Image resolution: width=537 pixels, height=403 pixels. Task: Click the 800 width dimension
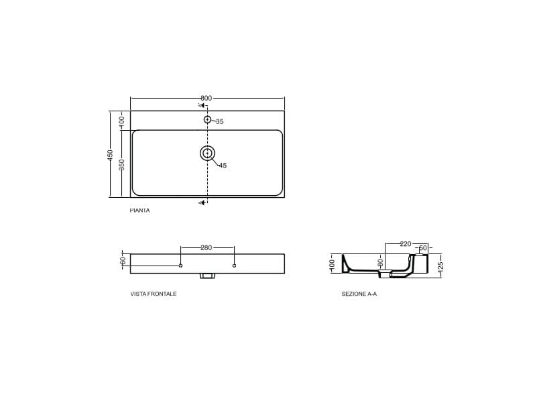(206, 98)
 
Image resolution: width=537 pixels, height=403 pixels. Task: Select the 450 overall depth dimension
(111, 154)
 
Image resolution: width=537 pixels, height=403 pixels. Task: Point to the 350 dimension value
(122, 164)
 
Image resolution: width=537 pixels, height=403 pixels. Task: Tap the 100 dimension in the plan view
(122, 121)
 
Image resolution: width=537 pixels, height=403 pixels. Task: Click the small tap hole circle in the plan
(207, 120)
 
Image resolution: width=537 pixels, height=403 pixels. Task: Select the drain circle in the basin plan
(207, 154)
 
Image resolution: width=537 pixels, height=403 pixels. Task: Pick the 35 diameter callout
(219, 122)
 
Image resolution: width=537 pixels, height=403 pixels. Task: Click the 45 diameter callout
(223, 166)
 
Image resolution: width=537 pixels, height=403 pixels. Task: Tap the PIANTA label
(139, 211)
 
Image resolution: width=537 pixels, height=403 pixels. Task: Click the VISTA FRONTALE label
(154, 294)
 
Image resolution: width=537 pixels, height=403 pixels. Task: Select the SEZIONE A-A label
(359, 294)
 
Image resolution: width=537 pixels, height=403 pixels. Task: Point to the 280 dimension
(206, 248)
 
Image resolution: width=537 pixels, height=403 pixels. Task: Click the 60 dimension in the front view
(123, 260)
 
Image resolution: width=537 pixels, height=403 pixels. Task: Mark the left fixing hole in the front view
(180, 266)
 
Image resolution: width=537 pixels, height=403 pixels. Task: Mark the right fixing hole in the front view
(234, 266)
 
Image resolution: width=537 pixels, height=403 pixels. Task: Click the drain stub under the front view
(207, 276)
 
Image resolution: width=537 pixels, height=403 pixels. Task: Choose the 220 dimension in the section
(405, 244)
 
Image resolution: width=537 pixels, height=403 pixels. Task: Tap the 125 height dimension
(440, 266)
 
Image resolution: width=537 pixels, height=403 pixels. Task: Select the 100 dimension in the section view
(332, 264)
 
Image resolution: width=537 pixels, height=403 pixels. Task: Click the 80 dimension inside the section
(379, 262)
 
